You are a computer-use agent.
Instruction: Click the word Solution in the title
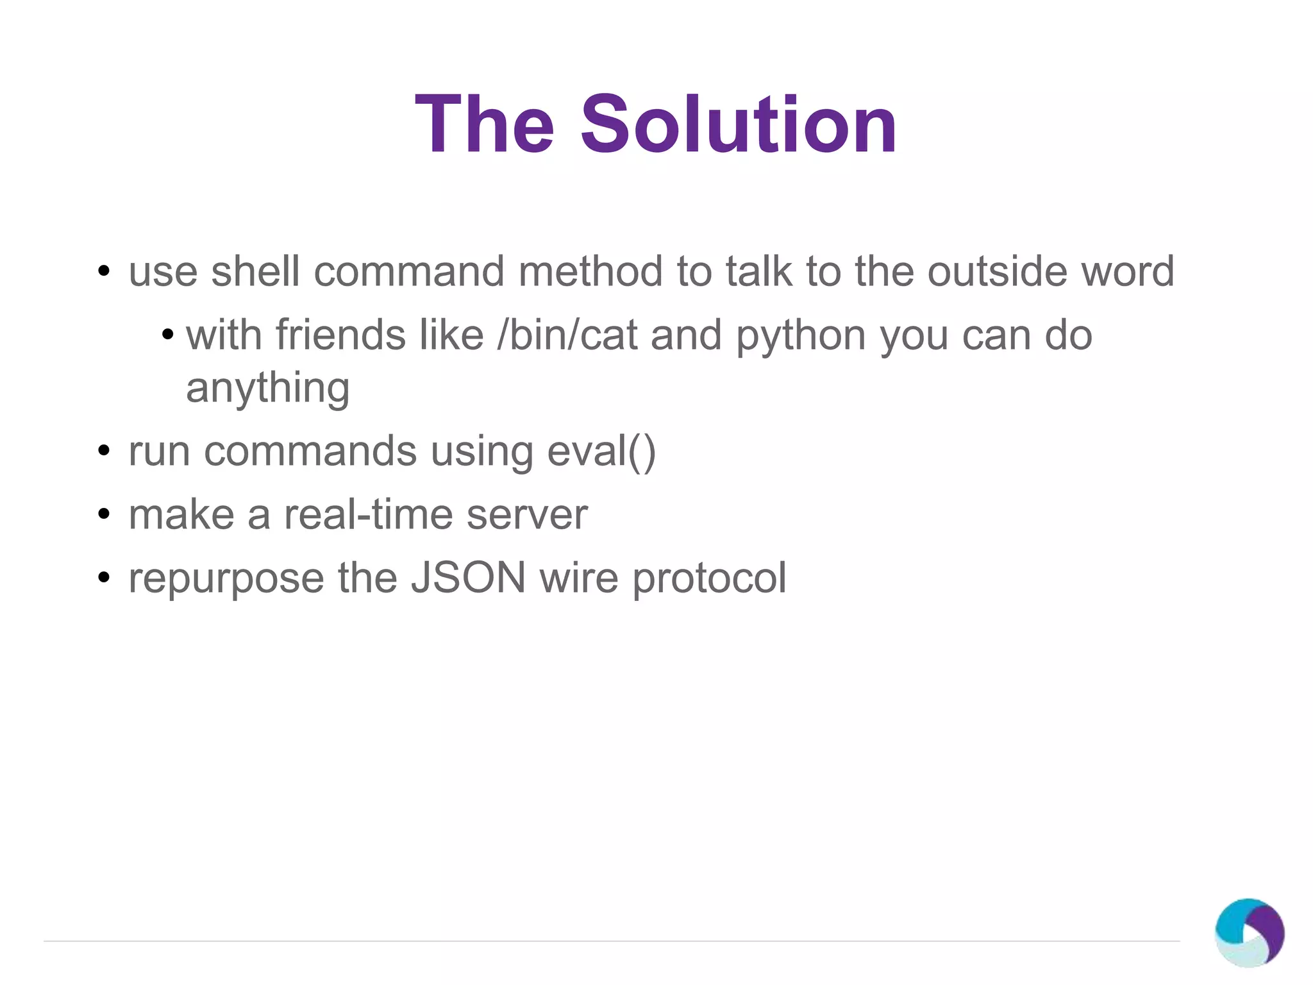[739, 124]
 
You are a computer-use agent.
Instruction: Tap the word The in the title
[485, 124]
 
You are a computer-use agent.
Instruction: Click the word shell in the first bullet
[255, 271]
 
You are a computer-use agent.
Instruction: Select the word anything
[268, 389]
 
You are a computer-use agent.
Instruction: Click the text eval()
[601, 451]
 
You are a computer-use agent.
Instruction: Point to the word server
[527, 516]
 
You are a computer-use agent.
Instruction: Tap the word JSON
[468, 578]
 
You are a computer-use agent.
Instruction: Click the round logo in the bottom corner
[1249, 932]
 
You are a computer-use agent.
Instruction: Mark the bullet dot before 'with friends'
[167, 335]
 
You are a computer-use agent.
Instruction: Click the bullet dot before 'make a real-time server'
[104, 514]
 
